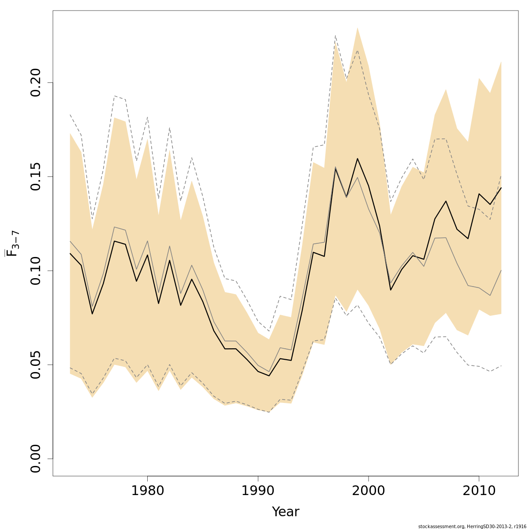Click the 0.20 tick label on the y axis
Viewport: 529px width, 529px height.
(x=36, y=82)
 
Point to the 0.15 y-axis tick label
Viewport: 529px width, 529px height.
(x=36, y=176)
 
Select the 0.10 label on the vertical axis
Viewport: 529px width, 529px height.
(x=36, y=270)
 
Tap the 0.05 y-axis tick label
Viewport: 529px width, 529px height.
(x=36, y=365)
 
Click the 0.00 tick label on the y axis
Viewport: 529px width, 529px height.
(x=36, y=458)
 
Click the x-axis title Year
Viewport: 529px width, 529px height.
(x=285, y=512)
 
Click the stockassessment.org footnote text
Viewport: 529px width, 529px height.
(x=472, y=526)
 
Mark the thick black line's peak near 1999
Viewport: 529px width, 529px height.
(x=357, y=159)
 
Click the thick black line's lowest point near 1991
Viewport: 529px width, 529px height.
(x=269, y=376)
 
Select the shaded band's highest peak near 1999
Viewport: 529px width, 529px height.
(x=357, y=27)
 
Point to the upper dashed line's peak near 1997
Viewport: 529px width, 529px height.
(x=335, y=35)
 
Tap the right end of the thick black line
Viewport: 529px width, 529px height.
(x=501, y=188)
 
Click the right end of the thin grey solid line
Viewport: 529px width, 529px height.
(x=501, y=270)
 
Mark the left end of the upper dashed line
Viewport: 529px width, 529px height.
(x=70, y=115)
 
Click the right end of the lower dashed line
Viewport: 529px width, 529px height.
(x=501, y=365)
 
